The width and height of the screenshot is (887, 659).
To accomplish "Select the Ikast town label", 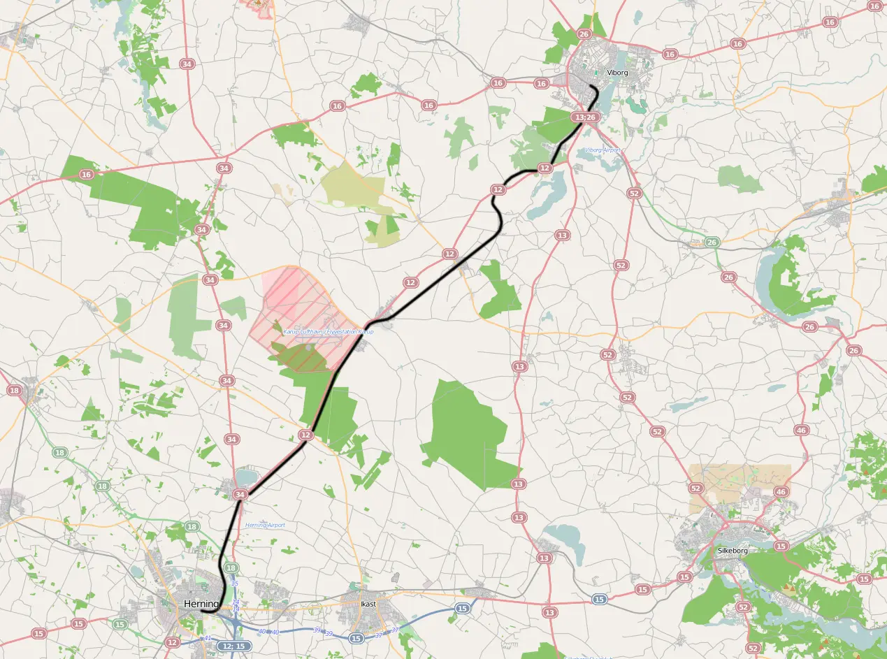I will coord(368,603).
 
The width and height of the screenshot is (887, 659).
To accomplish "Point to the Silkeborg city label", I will coord(733,551).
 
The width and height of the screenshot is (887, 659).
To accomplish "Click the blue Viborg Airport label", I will coord(603,150).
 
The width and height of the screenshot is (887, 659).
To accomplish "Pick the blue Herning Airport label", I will coord(265,525).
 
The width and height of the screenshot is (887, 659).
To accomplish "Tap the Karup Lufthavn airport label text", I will coord(328,331).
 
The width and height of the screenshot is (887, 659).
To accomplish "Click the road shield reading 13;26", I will coord(584,117).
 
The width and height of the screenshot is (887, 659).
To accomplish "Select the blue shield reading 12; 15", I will coord(234,646).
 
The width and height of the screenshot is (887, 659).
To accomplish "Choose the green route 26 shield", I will coord(712,242).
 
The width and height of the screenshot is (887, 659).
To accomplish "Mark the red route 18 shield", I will coord(14,390).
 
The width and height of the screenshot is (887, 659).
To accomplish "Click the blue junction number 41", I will coord(208,638).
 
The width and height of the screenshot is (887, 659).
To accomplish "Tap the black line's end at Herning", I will coord(201,611).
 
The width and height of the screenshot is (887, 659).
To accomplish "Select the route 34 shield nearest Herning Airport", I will coord(240,495).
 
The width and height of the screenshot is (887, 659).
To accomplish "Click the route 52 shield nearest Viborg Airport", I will coord(634,193).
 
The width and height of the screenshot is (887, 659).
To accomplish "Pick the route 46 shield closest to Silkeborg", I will coord(781,492).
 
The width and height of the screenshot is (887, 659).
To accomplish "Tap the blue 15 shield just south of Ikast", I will coord(356,638).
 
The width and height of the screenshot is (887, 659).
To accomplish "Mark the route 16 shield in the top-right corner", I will coord(830,22).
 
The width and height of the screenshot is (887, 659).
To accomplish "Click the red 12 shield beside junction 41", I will coord(173,642).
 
